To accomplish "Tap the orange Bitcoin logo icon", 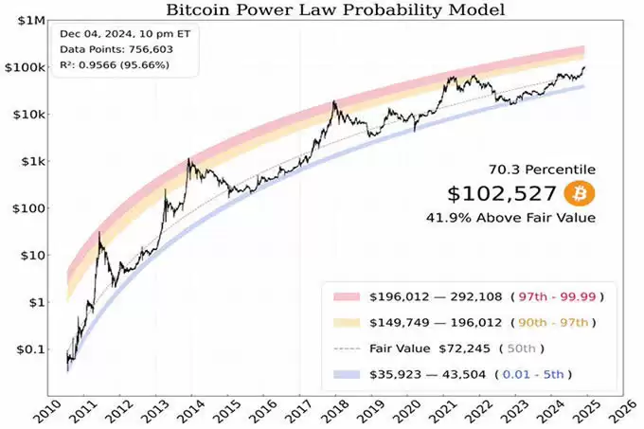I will (579, 194).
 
